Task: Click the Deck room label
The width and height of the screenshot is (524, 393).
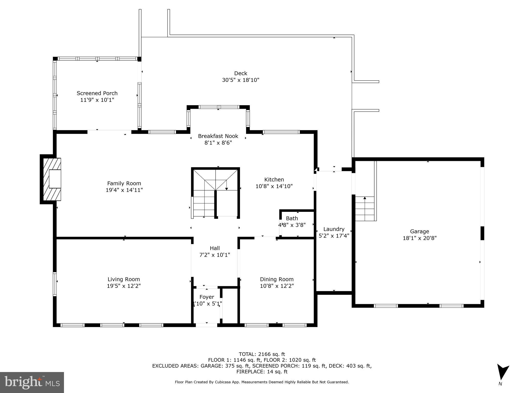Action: tap(241, 73)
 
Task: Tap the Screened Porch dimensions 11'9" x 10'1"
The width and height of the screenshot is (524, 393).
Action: tap(97, 100)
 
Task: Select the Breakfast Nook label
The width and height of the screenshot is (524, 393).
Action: tap(218, 136)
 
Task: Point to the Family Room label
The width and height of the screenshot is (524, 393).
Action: tap(124, 183)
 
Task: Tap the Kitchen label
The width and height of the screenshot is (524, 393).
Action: tap(274, 180)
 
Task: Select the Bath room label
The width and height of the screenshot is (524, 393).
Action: tap(292, 219)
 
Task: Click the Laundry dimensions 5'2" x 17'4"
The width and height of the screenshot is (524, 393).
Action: tap(334, 236)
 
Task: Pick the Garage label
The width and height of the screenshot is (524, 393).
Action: tap(420, 232)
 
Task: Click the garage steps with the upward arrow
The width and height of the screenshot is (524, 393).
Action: tap(365, 209)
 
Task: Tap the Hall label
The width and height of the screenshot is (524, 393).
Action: tap(215, 248)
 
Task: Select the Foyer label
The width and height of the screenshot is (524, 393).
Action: tap(207, 297)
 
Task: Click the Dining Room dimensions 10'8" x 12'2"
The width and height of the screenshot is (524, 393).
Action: tap(277, 286)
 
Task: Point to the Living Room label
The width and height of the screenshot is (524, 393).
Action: tap(124, 279)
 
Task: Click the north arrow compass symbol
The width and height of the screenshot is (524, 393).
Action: tap(502, 372)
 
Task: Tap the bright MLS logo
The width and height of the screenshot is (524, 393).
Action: tap(32, 382)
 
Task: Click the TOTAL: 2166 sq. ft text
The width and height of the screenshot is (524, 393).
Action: tap(262, 354)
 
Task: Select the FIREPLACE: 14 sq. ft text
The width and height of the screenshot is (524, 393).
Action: tap(262, 372)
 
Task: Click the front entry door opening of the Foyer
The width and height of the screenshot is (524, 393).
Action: tap(207, 325)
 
